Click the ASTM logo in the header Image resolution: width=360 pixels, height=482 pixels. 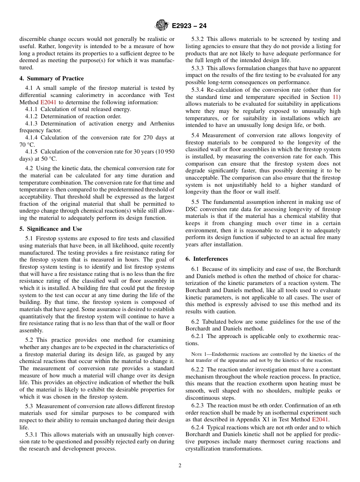(162, 26)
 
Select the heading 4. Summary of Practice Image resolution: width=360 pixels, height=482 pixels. (52, 78)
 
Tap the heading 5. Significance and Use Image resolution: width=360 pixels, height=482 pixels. (50, 229)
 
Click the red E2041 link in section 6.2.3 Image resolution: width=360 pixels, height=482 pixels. (320, 419)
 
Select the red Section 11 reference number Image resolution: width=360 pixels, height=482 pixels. (335, 97)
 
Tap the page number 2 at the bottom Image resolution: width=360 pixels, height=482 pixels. (180, 466)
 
